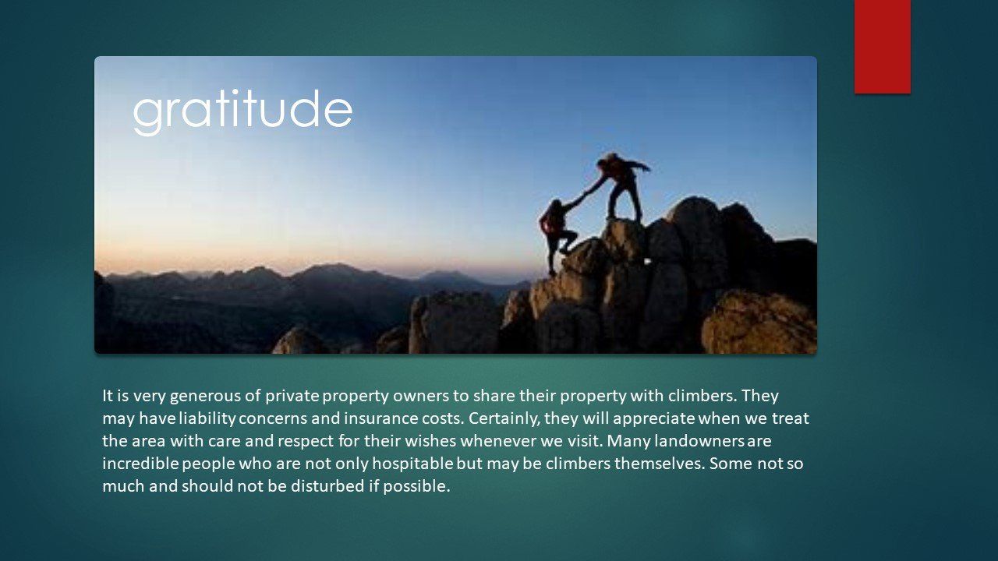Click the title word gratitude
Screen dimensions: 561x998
click(x=242, y=111)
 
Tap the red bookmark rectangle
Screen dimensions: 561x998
click(x=882, y=46)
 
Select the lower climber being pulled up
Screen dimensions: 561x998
click(x=557, y=230)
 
